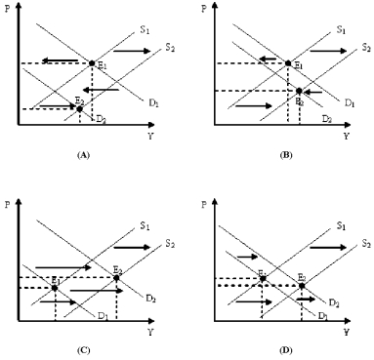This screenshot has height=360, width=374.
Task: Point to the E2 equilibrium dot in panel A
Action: point(79,108)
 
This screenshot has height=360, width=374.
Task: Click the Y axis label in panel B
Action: point(346,136)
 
